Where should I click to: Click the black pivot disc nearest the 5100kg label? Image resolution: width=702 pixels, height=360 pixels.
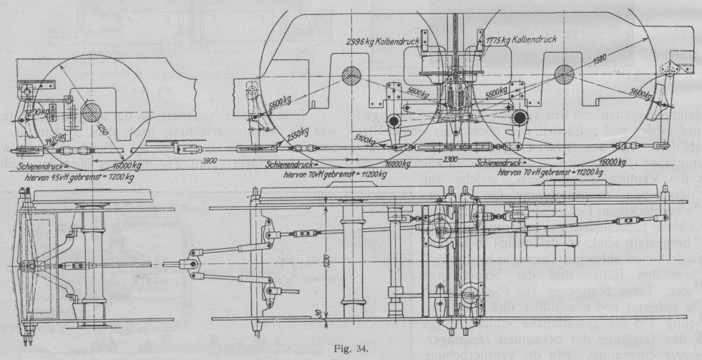tap(394, 121)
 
